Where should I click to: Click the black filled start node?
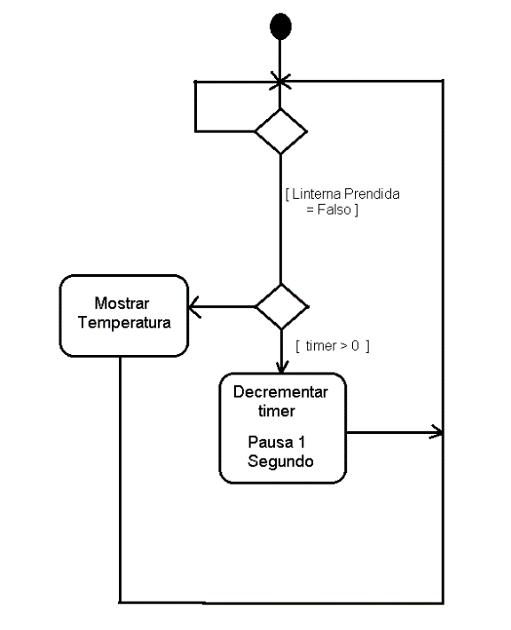coord(280,27)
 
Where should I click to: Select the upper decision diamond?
coord(281,131)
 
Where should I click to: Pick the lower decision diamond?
coord(281,307)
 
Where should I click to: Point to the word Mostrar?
coord(122,303)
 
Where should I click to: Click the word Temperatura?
coord(124,323)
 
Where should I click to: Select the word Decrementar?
coord(280,392)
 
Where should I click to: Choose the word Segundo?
coord(280,461)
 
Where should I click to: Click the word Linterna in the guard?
coord(317,194)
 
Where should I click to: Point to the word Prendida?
coord(372,194)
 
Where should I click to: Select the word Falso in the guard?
coord(334,209)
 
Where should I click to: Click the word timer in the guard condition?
coord(321,346)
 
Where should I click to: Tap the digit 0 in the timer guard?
coord(355,346)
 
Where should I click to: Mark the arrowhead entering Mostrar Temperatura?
coord(193,307)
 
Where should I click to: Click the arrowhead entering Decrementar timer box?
coord(281,366)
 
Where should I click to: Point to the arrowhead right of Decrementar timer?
coord(437,432)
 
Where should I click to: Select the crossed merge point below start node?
coord(280,82)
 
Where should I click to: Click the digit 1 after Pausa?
coord(302,443)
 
